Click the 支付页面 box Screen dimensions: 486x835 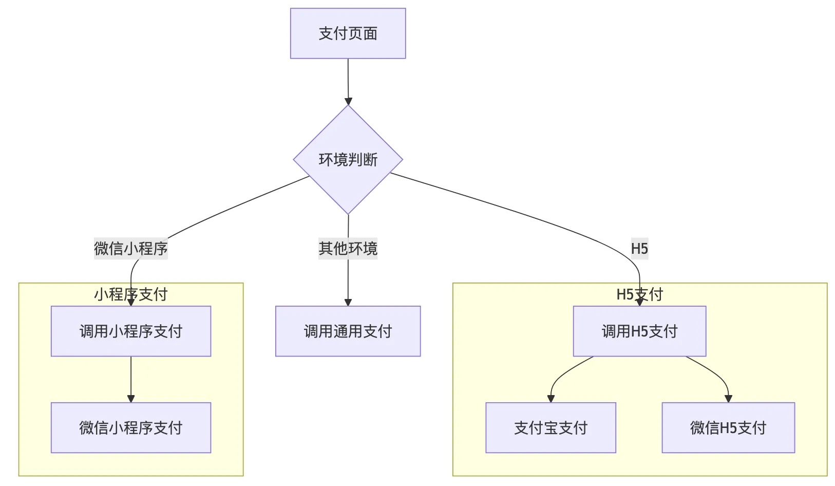pyautogui.click(x=348, y=33)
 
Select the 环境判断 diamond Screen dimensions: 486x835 pyautogui.click(x=348, y=160)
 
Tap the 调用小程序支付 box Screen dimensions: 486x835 pyautogui.click(x=131, y=331)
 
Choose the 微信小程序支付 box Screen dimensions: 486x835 pyautogui.click(x=131, y=427)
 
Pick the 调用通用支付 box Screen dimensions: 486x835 pyautogui.click(x=348, y=331)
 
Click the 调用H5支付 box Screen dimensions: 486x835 pyautogui.click(x=639, y=331)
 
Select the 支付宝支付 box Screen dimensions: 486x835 pyautogui.click(x=551, y=427)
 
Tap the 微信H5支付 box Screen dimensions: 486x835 pyautogui.click(x=728, y=427)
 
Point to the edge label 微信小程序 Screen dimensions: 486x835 pyautogui.click(x=131, y=249)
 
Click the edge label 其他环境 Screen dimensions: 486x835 pyautogui.click(x=348, y=249)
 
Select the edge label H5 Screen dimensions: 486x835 pyautogui.click(x=639, y=249)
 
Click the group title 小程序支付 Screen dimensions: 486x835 pyautogui.click(x=131, y=294)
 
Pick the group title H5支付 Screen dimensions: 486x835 pyautogui.click(x=639, y=294)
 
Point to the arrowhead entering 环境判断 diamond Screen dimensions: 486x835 pyautogui.click(x=348, y=101)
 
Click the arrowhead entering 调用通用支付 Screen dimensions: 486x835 pyautogui.click(x=348, y=303)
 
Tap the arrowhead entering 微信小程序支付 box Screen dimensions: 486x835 pyautogui.click(x=131, y=399)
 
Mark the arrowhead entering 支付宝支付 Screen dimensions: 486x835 pyautogui.click(x=551, y=399)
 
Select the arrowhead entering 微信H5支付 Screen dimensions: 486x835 pyautogui.click(x=728, y=399)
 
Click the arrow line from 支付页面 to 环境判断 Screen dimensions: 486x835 pyautogui.click(x=348, y=80)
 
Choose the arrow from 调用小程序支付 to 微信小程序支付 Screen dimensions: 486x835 pyautogui.click(x=131, y=378)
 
